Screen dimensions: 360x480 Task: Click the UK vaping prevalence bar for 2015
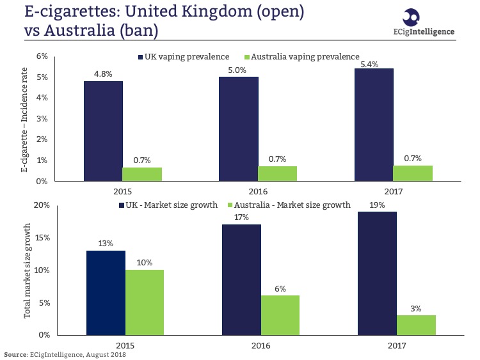102,131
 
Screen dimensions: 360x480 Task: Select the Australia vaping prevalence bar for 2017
412,173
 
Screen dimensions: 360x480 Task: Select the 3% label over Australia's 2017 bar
415,309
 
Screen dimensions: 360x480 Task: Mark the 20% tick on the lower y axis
40,205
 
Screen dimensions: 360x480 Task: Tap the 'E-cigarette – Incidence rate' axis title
26,119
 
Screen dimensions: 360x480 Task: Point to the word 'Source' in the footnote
15,354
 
